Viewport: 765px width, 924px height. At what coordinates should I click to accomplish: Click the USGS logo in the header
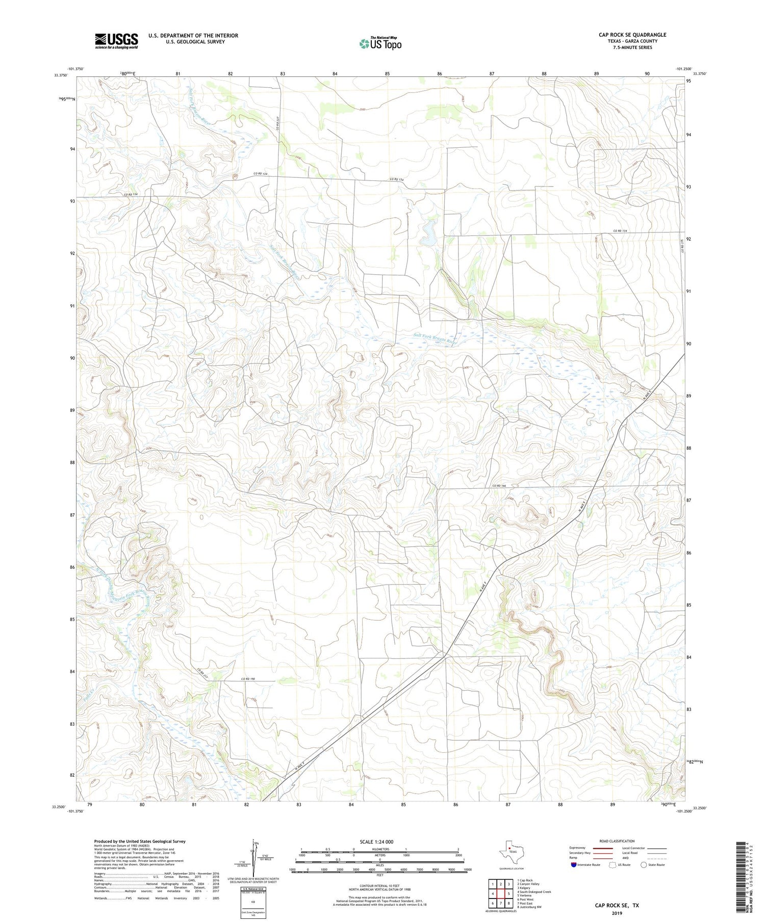tap(116, 41)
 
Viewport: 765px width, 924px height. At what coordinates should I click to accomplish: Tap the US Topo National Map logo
tap(380, 43)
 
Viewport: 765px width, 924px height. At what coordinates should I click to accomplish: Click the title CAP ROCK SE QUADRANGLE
tap(632, 35)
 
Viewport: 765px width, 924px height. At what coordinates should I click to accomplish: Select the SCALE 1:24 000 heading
tap(379, 841)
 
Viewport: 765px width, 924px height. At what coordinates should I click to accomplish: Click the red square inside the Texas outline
tap(509, 849)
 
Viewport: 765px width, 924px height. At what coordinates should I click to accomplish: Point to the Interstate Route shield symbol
tap(574, 865)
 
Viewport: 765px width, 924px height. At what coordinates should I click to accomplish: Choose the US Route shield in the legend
tap(613, 865)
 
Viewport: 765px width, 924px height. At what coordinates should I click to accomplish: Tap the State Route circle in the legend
tap(644, 865)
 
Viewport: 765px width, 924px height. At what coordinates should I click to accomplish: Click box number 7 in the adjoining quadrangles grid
tap(501, 903)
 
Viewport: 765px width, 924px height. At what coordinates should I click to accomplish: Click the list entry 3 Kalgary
tap(524, 888)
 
